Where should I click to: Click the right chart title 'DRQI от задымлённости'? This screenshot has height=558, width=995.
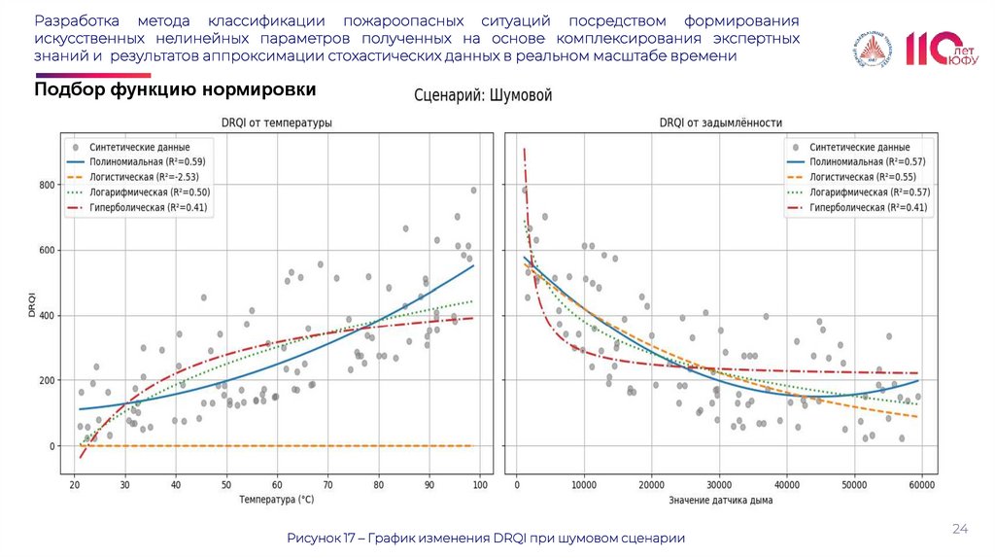click(x=721, y=123)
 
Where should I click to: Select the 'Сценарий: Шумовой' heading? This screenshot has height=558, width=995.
click(x=483, y=95)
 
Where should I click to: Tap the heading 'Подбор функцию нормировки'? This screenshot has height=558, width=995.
click(x=175, y=89)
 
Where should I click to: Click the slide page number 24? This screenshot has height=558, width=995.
click(x=960, y=528)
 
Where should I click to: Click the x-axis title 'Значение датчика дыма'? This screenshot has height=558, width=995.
click(x=721, y=501)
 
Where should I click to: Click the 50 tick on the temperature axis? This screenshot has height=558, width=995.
click(x=226, y=484)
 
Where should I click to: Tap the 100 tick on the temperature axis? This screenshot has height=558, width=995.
click(x=480, y=484)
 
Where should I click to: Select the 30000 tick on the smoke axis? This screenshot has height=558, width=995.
click(x=718, y=484)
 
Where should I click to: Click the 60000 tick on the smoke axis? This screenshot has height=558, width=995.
click(x=920, y=484)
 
